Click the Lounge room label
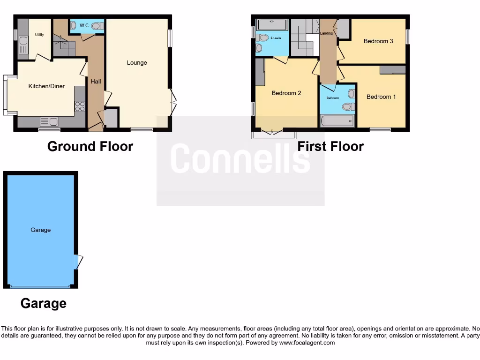click(137, 63)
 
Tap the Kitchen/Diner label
click(46, 86)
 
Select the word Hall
click(96, 82)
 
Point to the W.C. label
click(84, 25)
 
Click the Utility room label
click(39, 35)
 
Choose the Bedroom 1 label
click(381, 97)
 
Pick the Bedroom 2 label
click(286, 93)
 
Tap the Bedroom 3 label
click(378, 41)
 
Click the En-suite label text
click(276, 38)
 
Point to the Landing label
click(326, 33)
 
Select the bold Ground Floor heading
click(90, 146)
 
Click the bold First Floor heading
click(330, 146)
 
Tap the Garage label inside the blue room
click(41, 230)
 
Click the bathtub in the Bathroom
click(337, 121)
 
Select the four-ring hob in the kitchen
click(80, 106)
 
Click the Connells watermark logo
click(240, 158)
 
